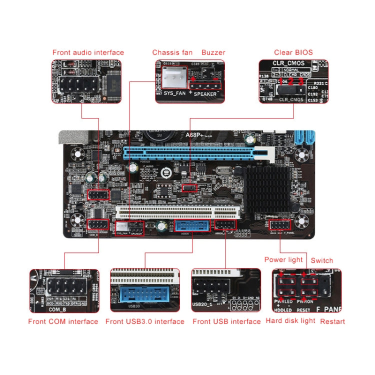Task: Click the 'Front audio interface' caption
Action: point(88,52)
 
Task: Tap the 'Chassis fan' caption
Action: point(172,52)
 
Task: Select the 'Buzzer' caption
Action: point(213,52)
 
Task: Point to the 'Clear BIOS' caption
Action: point(293,52)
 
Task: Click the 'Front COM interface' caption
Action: point(63,321)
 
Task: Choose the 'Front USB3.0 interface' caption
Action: point(145,321)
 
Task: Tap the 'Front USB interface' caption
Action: point(226,321)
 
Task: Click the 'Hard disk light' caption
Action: point(290,320)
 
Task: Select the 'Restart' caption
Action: point(332,321)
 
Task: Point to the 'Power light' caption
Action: point(283,260)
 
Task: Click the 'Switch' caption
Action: point(321,260)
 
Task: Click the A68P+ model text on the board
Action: point(195,134)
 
